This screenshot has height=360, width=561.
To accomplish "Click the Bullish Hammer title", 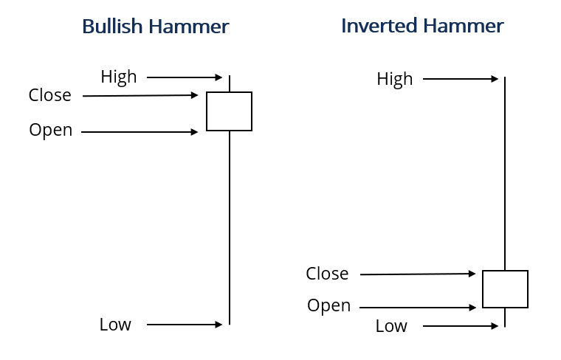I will tap(155, 27).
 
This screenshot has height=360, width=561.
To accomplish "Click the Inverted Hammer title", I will tap(422, 27).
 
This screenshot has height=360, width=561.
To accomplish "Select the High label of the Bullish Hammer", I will tap(119, 77).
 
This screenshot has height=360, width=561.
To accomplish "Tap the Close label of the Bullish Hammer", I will tap(50, 96).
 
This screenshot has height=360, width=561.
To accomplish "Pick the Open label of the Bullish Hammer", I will tap(51, 131).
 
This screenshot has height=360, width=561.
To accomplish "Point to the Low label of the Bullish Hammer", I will tap(115, 325).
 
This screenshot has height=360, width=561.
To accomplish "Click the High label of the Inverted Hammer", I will tap(395, 80).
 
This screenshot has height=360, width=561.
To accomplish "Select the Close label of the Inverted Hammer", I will tap(327, 274).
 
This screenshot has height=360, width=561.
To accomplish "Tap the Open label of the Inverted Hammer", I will tap(329, 306).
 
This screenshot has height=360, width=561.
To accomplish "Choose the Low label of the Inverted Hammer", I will tap(391, 326).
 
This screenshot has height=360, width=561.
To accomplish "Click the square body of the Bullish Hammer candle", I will tap(229, 111).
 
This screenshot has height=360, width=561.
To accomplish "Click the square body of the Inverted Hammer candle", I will tap(505, 289).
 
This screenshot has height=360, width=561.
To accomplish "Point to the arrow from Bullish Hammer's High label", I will tap(185, 77).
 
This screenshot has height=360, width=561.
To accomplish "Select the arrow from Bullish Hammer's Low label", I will tap(185, 324).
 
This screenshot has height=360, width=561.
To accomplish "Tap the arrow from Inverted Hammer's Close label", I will tap(418, 274).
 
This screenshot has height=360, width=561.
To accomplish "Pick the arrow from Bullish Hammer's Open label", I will tap(140, 132).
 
